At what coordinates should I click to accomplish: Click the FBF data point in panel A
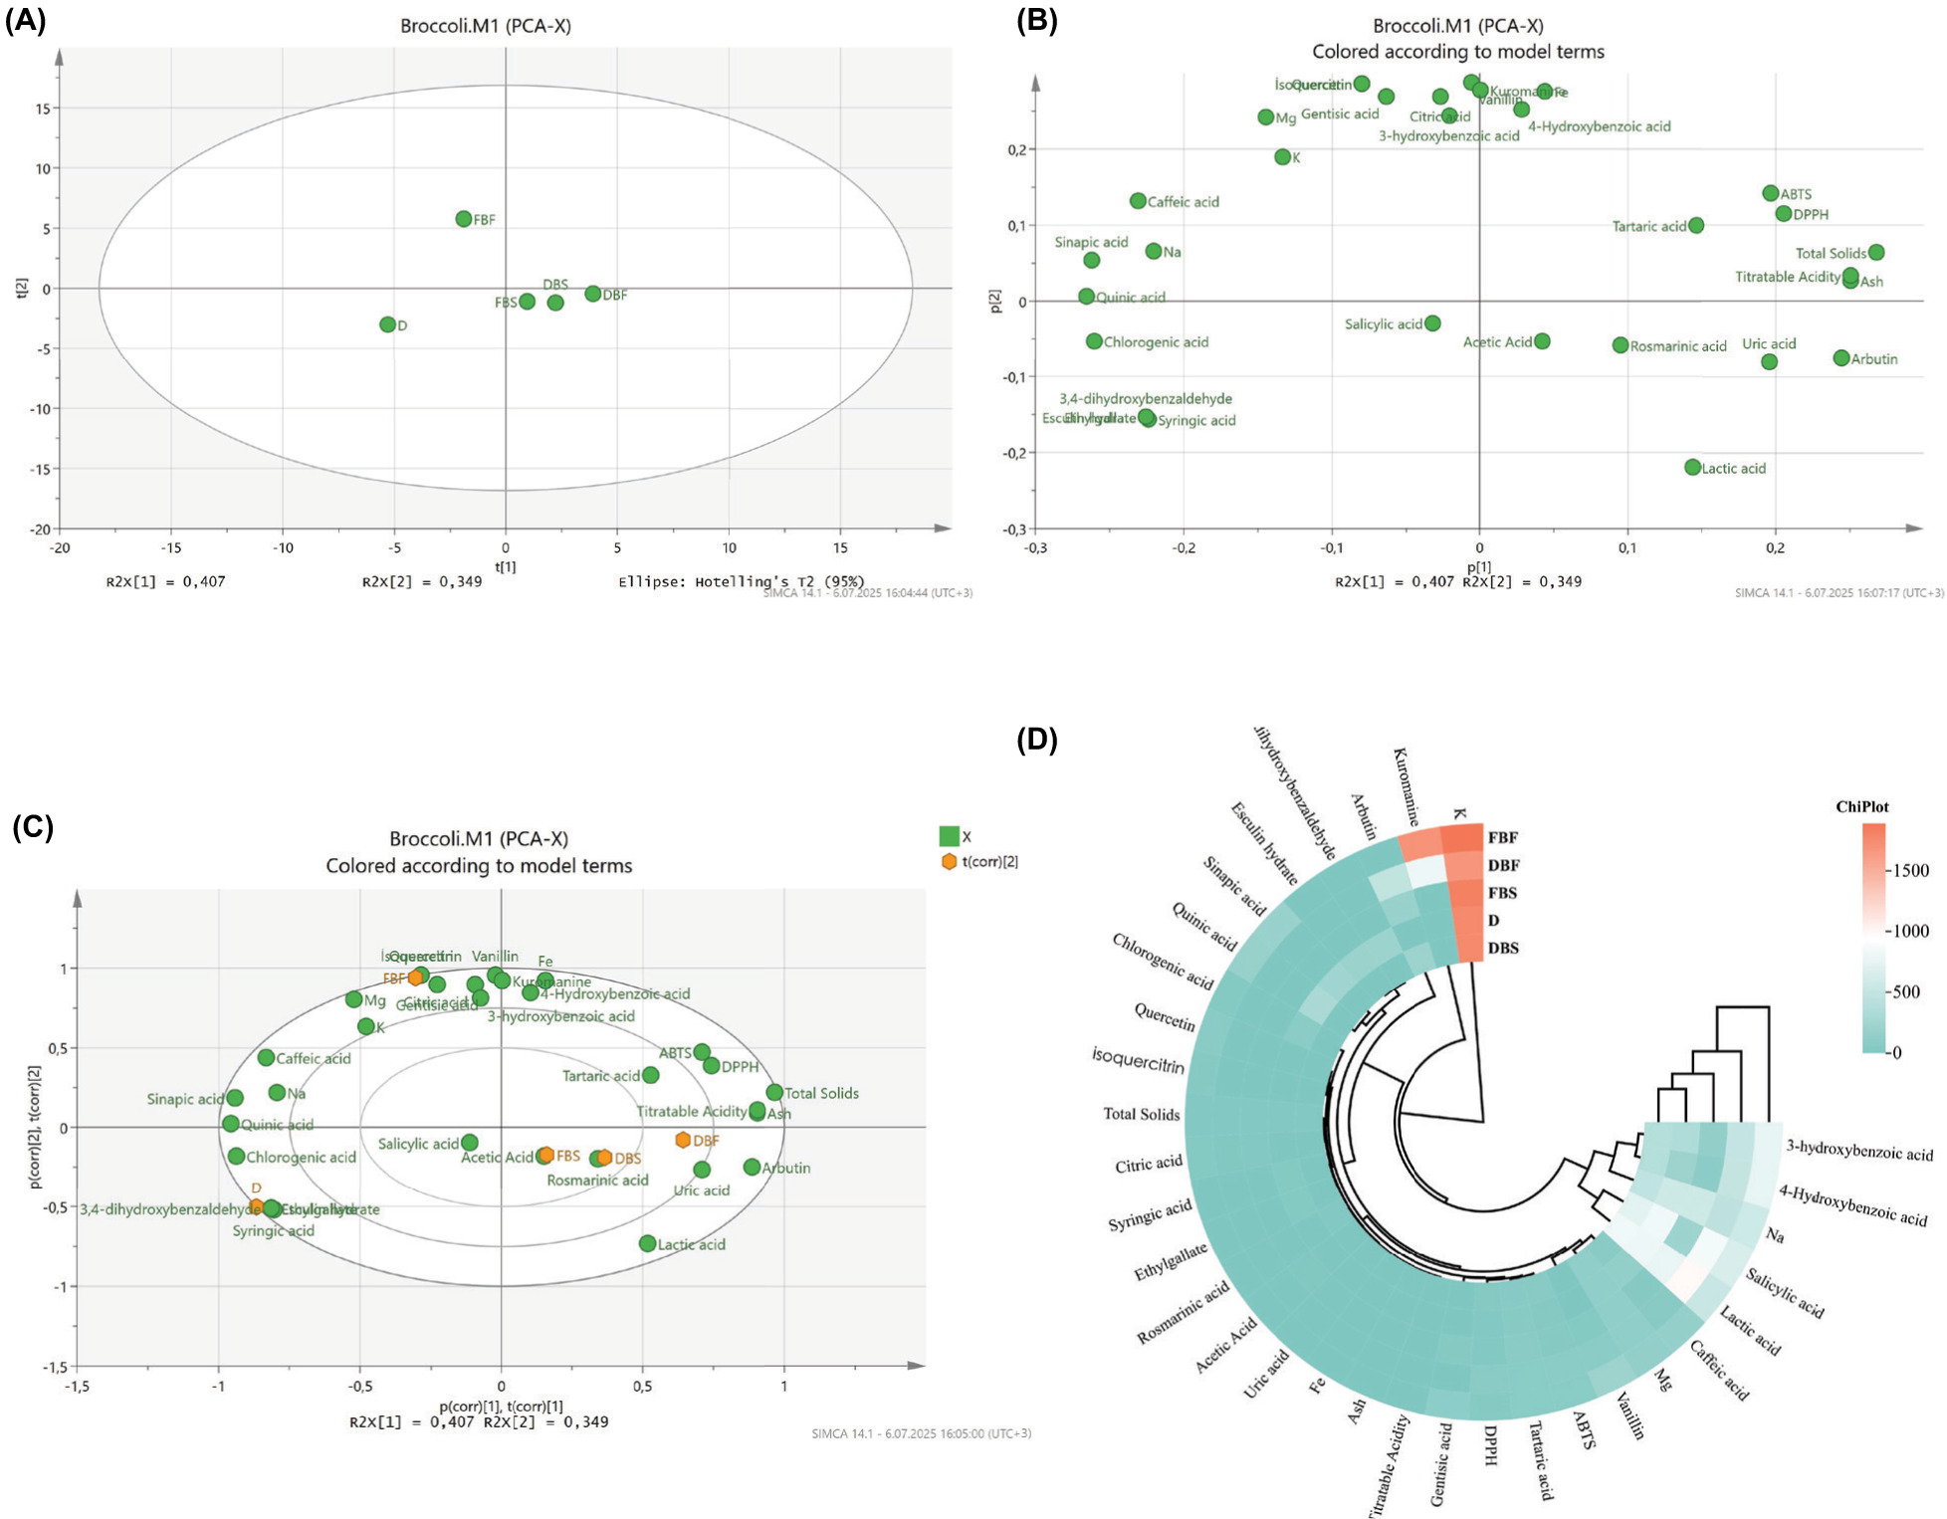464,219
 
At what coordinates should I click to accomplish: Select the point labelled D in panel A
387,325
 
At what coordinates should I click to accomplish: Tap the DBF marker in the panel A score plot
593,294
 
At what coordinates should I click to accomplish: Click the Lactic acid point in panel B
1693,467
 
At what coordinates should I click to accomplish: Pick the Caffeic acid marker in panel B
1138,201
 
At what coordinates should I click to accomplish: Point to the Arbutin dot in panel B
1841,358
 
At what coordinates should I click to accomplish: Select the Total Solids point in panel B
1876,253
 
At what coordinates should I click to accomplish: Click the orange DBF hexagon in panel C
683,1140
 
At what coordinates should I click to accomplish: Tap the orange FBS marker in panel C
545,1155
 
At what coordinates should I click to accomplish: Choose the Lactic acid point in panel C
648,1243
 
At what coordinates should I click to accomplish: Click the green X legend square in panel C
950,836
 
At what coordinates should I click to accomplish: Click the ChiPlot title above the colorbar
1861,807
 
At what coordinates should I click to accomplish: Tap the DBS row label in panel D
1503,949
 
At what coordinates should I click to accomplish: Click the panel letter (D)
1036,740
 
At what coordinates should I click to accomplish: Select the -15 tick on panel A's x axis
171,547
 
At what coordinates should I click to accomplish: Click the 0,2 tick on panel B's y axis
1016,149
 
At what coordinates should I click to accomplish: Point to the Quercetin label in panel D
1165,1017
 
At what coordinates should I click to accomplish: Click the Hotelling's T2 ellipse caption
741,581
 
